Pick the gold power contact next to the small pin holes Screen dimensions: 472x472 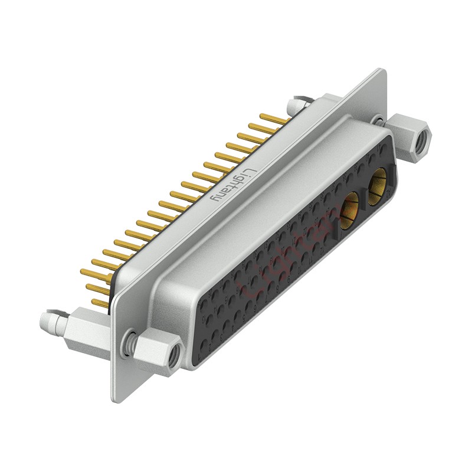[349, 210]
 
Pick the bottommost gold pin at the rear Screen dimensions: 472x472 [101, 303]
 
